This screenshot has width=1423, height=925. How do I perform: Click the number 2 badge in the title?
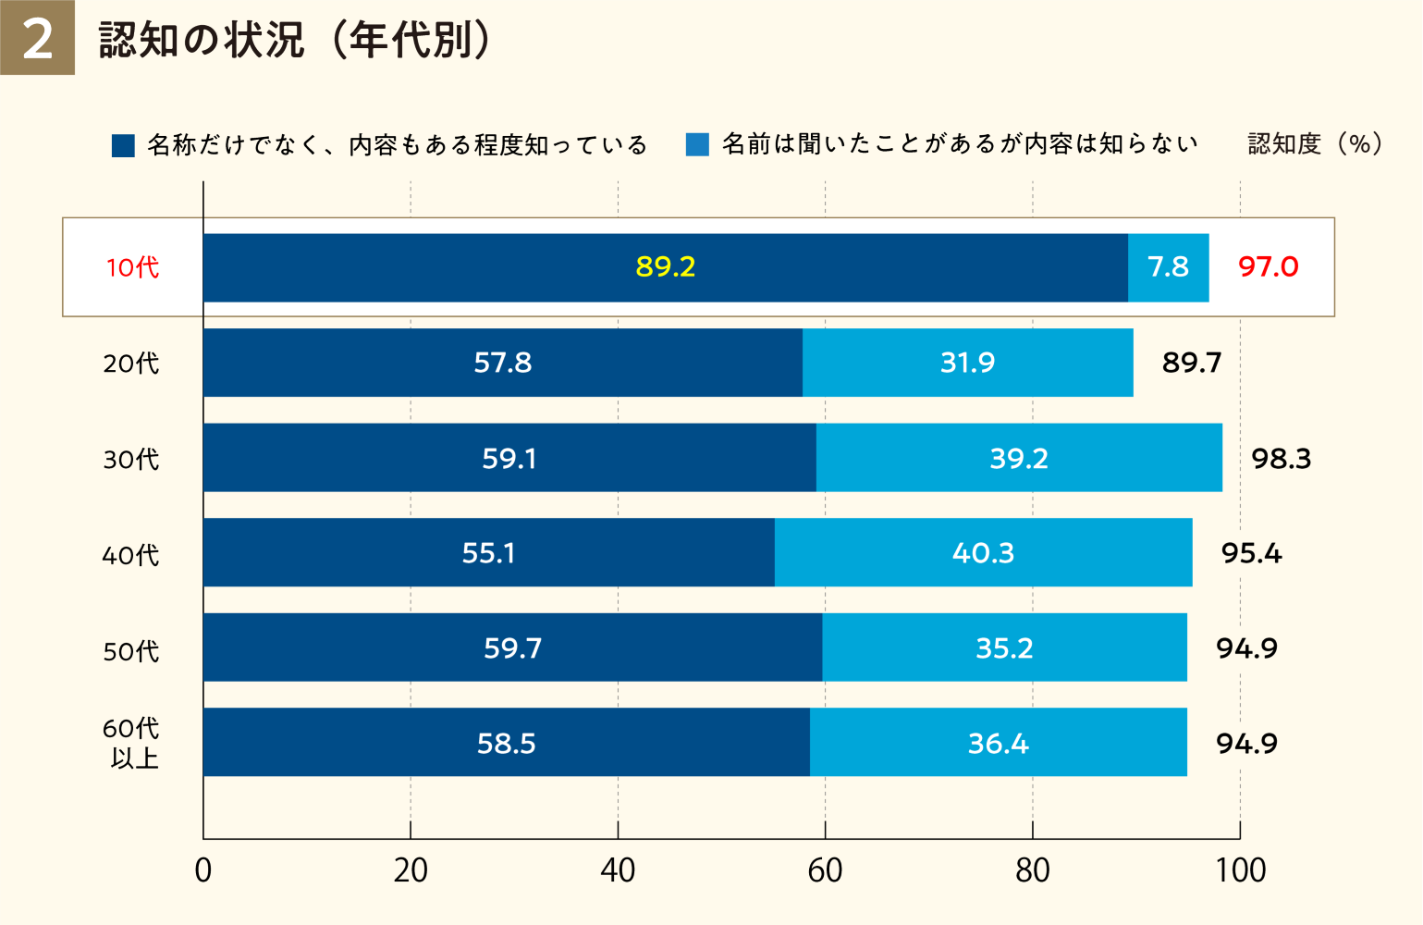[37, 38]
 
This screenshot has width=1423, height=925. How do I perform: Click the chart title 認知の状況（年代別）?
[294, 40]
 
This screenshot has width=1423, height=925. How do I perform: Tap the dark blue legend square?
[123, 145]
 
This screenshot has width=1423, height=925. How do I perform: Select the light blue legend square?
[697, 144]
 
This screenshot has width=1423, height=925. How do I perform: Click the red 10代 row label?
[132, 267]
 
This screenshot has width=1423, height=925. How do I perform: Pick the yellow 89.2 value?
[665, 266]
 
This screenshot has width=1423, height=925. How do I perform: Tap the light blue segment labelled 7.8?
[1168, 266]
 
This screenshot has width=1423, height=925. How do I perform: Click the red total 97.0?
[1268, 266]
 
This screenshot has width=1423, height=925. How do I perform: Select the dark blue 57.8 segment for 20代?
[503, 362]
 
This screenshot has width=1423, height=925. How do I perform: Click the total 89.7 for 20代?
[1192, 362]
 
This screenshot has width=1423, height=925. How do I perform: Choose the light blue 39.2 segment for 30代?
[1019, 458]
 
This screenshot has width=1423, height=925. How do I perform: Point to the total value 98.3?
[1281, 458]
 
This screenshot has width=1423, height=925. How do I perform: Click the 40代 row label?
[130, 555]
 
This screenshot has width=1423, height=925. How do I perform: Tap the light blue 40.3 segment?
[983, 552]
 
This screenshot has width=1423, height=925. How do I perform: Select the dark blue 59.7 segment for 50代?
[512, 647]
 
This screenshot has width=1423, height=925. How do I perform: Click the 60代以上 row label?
[131, 743]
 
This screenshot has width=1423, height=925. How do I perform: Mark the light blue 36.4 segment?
[998, 743]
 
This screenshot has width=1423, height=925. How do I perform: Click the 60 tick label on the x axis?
[825, 870]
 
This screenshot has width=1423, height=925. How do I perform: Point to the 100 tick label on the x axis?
[1240, 870]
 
